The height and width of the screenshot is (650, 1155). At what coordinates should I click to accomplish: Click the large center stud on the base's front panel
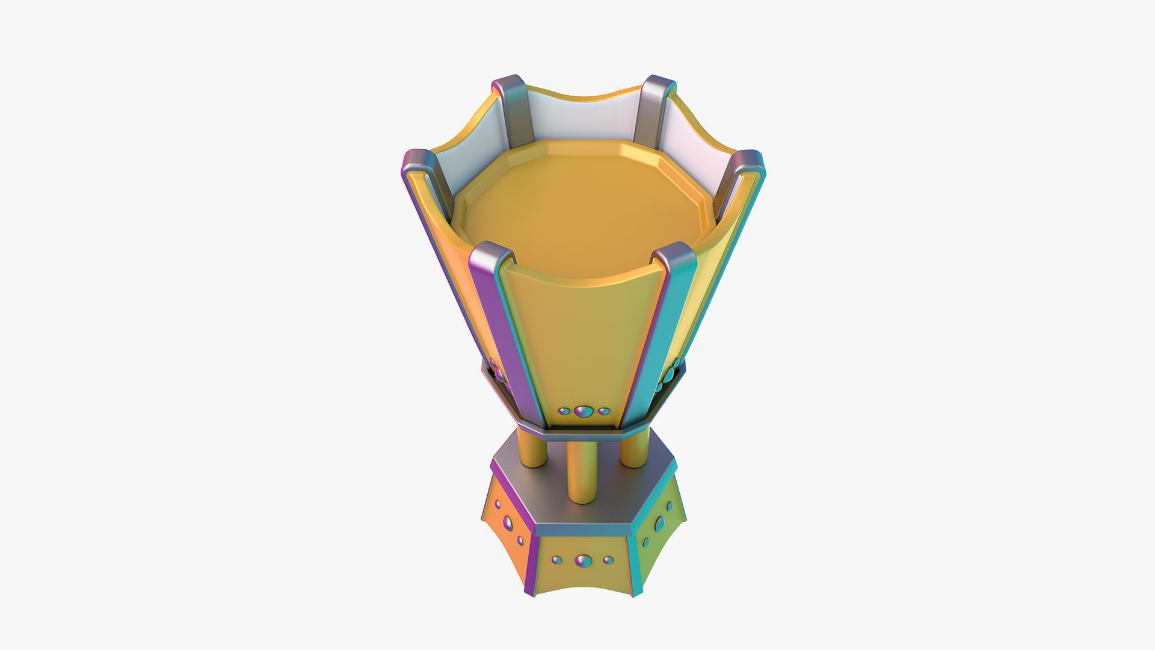pos(583,561)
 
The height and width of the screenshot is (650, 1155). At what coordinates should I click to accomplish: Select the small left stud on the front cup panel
pos(564,412)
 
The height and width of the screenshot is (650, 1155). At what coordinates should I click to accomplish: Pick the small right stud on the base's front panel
pos(608,560)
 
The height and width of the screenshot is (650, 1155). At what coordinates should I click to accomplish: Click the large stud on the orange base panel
pos(508,522)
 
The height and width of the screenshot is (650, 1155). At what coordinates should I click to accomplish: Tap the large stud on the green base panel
pos(660,523)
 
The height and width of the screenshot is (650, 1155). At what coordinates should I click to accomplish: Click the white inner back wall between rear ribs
pos(584,117)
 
